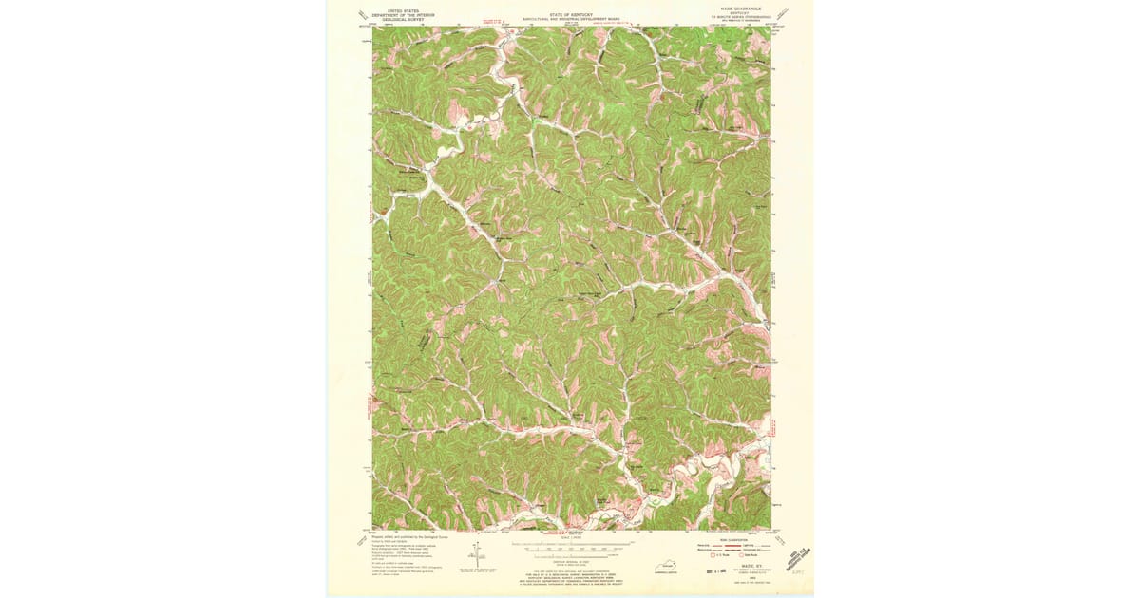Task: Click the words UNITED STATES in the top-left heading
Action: (398, 9)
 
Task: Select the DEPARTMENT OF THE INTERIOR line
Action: (398, 14)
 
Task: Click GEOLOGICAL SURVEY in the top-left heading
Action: (398, 20)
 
